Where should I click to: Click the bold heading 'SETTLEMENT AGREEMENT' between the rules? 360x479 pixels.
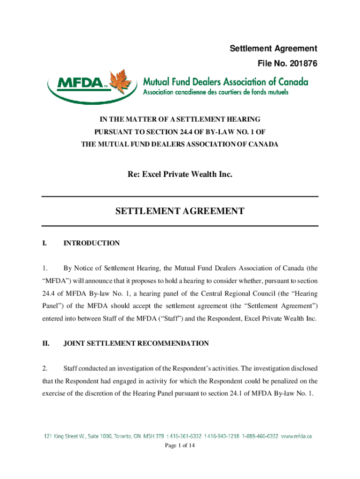pos(180,211)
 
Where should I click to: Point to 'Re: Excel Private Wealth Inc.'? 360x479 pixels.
pos(180,174)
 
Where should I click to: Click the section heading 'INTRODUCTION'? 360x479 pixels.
pos(92,243)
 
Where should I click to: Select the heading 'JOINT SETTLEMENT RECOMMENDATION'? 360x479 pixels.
pos(136,343)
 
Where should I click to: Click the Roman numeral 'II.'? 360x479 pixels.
pos(46,343)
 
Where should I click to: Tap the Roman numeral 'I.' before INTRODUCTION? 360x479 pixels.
pos(44,243)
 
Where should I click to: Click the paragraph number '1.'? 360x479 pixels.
pos(44,269)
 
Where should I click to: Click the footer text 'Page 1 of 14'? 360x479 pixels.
pos(180,445)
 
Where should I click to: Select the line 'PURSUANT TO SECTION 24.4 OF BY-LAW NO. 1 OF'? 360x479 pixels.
pos(180,132)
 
